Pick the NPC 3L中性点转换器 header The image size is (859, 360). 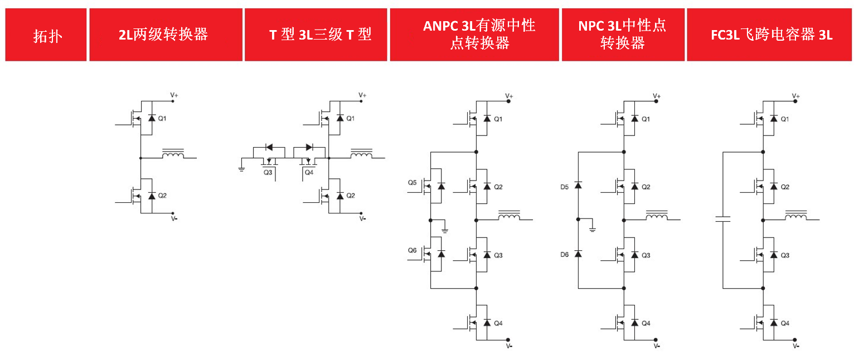tap(622, 35)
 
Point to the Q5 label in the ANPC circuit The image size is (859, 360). tap(412, 182)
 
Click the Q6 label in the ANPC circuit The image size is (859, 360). tap(412, 251)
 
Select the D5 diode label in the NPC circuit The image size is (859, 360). tap(565, 187)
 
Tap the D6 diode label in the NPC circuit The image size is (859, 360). tap(565, 254)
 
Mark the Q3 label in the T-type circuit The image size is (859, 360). tap(268, 173)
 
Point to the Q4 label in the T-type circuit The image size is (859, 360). tap(309, 173)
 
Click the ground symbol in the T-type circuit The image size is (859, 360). tap(241, 167)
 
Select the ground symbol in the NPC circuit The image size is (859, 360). tap(593, 228)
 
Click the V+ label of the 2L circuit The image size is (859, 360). tap(174, 95)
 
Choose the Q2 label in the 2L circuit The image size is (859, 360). tap(162, 196)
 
